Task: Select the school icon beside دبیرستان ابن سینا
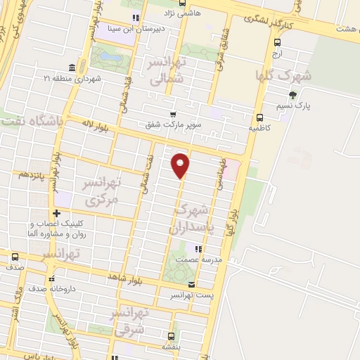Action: (136, 18)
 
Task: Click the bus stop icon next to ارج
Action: (276, 42)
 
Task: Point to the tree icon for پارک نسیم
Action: (292, 96)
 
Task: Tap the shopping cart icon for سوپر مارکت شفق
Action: (172, 114)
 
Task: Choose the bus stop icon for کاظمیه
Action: (260, 117)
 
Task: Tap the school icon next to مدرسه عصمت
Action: (199, 249)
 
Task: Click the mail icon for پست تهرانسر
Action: (191, 284)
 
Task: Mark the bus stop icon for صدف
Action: (13, 257)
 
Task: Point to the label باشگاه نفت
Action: (32, 121)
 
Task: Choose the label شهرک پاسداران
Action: (190, 219)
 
